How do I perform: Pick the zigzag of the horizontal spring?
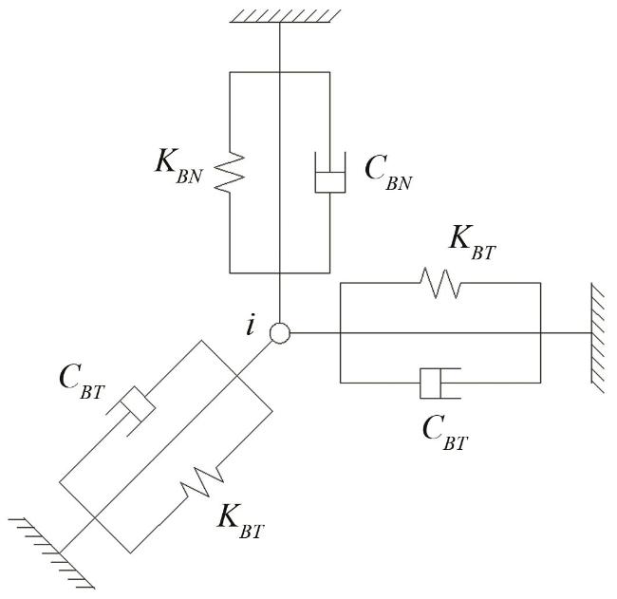(x=439, y=283)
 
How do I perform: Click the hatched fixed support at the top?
(x=281, y=14)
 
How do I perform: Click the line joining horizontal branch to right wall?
(x=565, y=333)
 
